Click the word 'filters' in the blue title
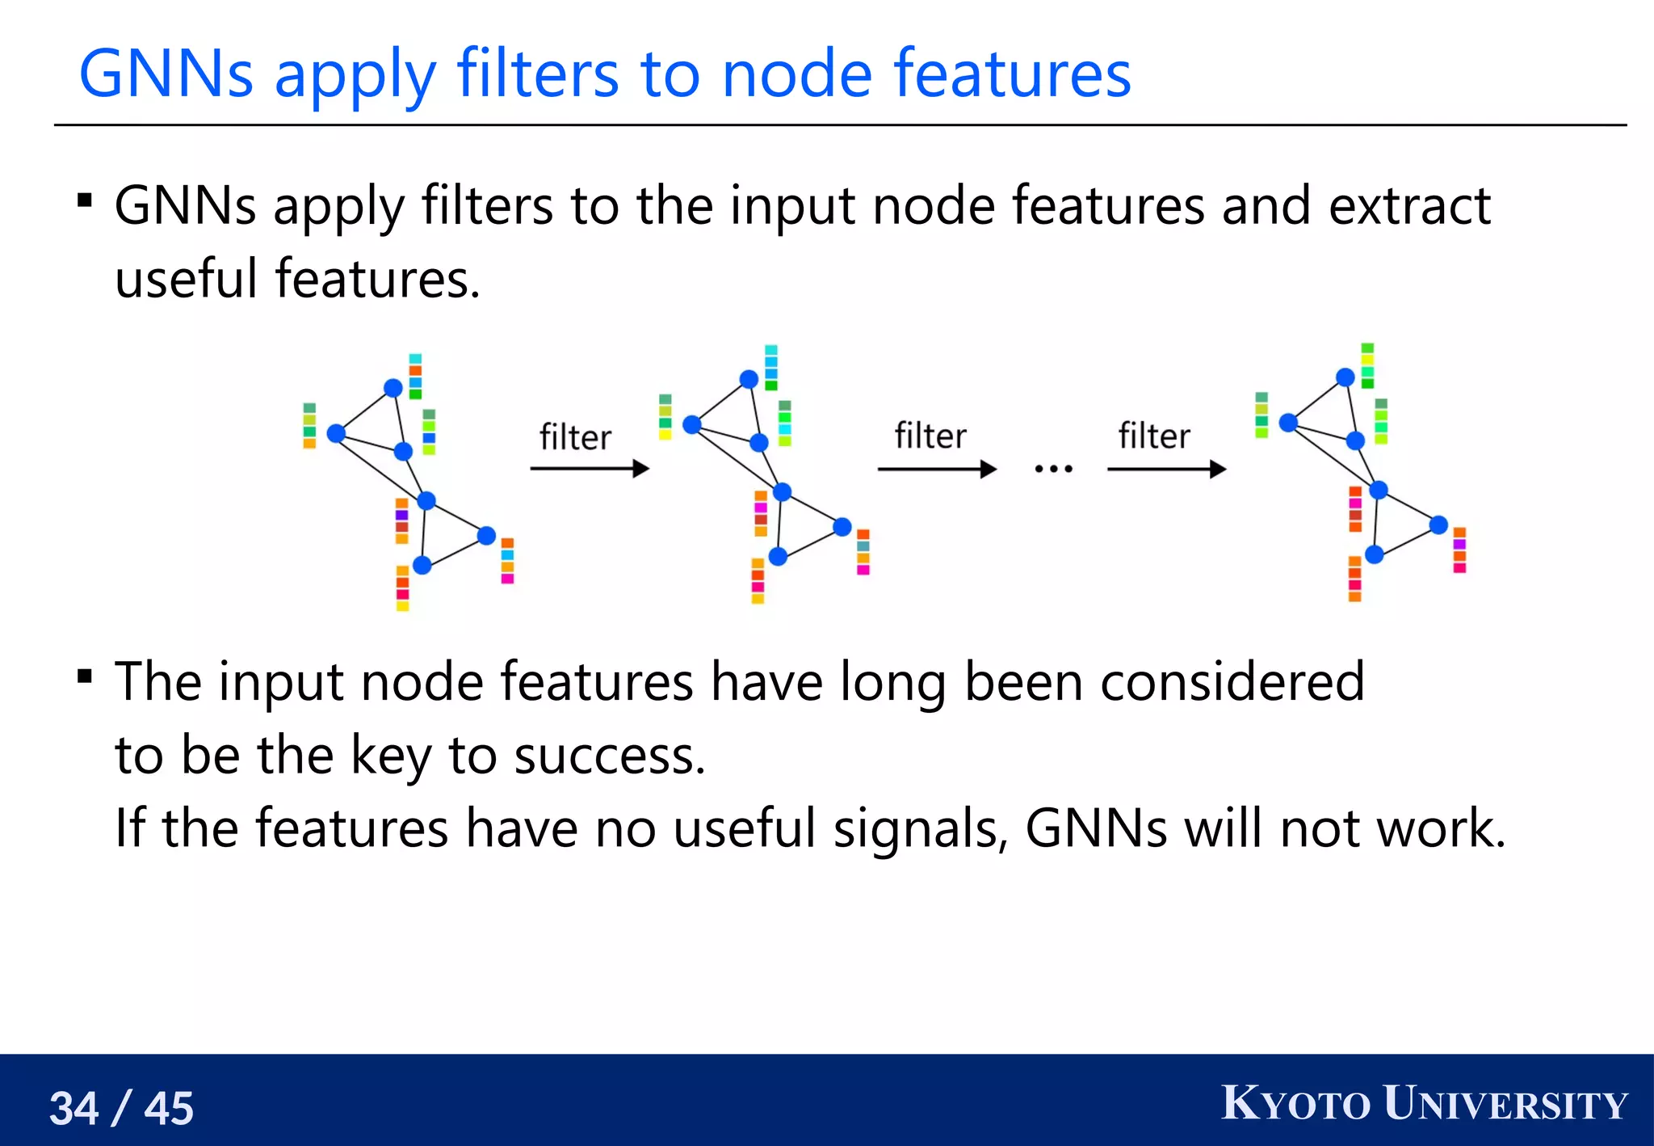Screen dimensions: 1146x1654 tap(539, 74)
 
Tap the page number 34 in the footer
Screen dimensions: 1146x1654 tap(74, 1108)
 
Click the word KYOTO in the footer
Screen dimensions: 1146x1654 tap(1295, 1104)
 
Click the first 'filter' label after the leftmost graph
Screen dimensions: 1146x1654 tap(575, 437)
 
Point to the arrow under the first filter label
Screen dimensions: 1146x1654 tap(590, 469)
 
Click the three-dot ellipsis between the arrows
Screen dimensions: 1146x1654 tap(1053, 469)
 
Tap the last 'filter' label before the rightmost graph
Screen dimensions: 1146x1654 tap(1153, 436)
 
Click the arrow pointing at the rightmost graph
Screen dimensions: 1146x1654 tap(1166, 469)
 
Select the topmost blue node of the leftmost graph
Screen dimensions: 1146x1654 tap(393, 388)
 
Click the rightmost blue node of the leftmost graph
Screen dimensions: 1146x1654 tap(486, 535)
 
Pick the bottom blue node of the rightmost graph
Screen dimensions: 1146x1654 tap(1375, 554)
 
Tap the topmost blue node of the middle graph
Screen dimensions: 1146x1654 tap(749, 379)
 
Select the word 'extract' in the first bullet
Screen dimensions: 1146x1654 tap(1408, 205)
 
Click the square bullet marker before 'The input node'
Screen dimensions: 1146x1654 tap(85, 676)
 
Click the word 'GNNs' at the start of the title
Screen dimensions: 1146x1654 tap(166, 74)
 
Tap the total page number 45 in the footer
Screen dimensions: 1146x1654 tap(169, 1108)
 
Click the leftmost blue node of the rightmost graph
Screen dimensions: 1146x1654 tap(1288, 422)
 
